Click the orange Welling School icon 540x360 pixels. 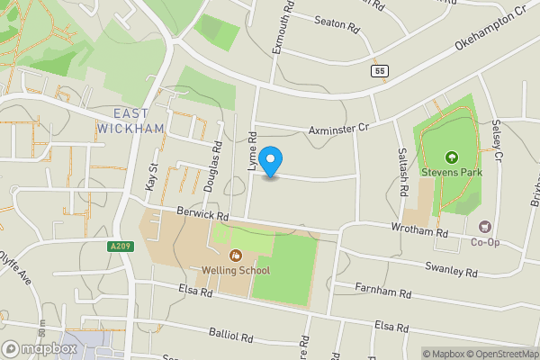click(237, 255)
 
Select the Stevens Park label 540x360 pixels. click(452, 172)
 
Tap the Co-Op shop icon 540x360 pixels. click(486, 227)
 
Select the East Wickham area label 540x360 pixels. click(139, 121)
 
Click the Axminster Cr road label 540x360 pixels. click(339, 130)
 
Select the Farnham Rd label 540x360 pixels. click(382, 292)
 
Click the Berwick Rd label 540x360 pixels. click(202, 216)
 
